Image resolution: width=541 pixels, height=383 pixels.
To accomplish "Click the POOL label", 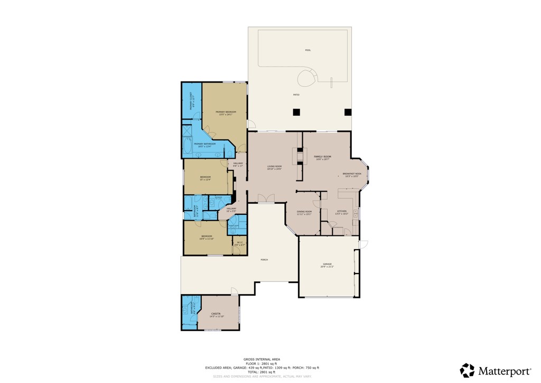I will (308, 50).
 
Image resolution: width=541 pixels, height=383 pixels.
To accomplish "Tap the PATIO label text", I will (296, 95).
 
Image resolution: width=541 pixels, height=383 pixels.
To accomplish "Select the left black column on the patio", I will (296, 112).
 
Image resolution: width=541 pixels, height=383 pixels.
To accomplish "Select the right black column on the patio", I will (348, 112).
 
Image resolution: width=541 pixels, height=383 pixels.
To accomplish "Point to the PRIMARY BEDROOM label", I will (226, 113).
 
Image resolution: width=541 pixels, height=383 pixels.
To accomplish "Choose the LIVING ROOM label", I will (274, 168).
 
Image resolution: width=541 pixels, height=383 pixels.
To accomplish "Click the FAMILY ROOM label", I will (322, 157).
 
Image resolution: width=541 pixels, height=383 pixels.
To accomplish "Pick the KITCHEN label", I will (342, 212).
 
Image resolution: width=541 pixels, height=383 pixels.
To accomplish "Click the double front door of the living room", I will (266, 198).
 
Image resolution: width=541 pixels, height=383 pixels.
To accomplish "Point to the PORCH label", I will (264, 260).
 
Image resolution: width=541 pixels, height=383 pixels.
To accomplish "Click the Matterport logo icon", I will (467, 370).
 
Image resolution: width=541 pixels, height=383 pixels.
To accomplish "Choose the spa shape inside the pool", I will (306, 79).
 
